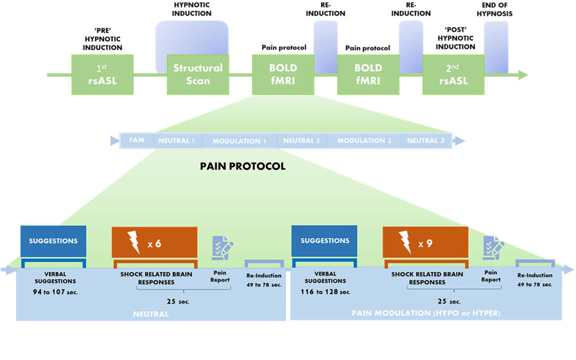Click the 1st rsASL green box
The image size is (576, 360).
(103, 74)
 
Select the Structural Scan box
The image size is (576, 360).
(197, 74)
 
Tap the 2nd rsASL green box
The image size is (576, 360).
(453, 74)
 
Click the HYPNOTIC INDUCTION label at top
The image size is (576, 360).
(191, 9)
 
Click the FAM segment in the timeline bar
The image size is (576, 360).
(136, 140)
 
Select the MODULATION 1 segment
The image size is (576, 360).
(240, 141)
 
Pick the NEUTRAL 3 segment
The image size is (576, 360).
(425, 141)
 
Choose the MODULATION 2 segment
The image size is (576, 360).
(364, 141)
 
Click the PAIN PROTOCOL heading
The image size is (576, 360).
(243, 166)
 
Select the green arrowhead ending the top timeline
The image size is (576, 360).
(523, 75)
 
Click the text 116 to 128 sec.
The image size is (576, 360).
(325, 292)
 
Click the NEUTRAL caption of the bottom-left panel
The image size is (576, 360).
(152, 314)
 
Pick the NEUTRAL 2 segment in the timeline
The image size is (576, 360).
(301, 141)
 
